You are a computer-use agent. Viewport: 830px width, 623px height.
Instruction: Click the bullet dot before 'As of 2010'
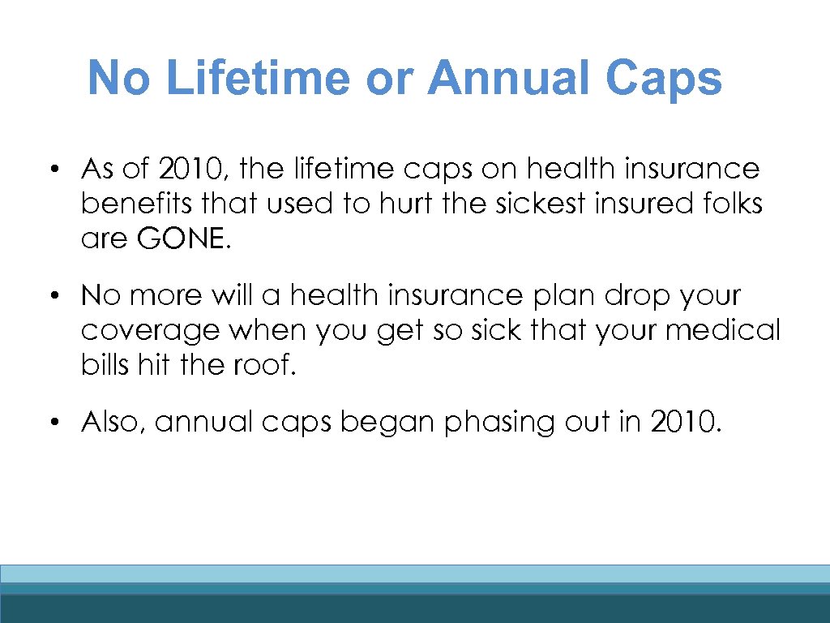click(52, 170)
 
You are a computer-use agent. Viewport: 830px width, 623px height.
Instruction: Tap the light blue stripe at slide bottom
click(415, 574)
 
